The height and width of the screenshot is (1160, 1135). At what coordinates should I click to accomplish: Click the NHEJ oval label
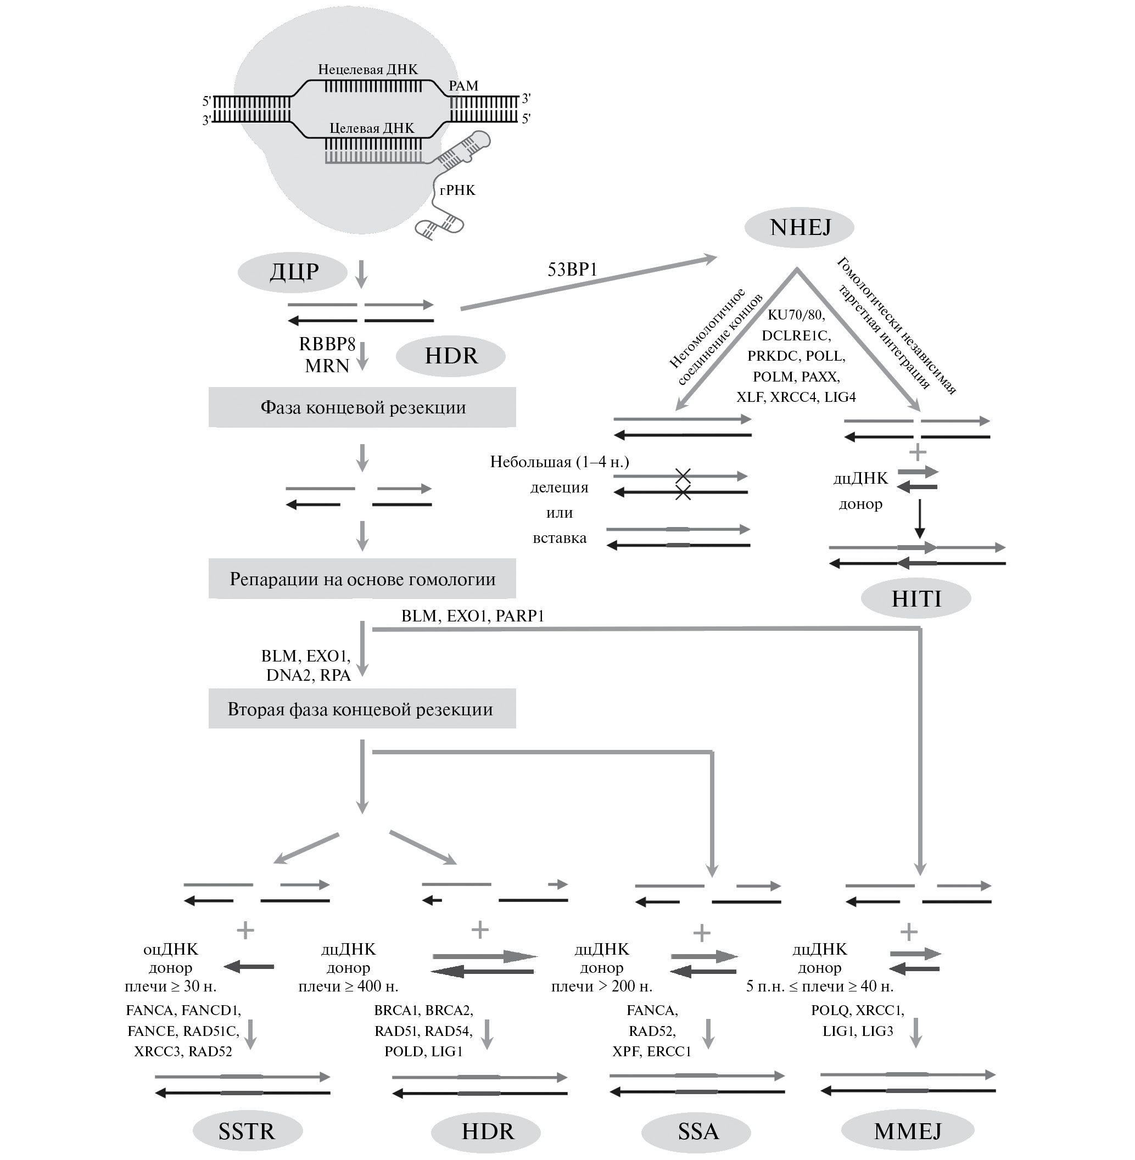[799, 227]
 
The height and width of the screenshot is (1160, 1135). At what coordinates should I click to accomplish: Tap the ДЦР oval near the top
[293, 272]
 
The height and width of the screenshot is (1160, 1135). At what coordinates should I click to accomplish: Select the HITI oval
[916, 598]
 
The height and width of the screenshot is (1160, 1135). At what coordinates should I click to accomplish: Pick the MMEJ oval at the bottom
[907, 1131]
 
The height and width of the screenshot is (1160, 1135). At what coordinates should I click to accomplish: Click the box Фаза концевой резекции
[362, 408]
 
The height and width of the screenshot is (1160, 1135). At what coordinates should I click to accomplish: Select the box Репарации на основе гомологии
[362, 579]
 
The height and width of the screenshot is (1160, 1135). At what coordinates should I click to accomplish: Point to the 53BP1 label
[572, 270]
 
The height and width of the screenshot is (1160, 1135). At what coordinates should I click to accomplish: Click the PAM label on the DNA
[463, 86]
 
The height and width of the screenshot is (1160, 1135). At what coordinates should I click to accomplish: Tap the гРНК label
[457, 190]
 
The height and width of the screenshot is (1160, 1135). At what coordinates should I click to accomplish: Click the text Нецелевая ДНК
[368, 70]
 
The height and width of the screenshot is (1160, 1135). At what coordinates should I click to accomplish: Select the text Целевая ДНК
[371, 128]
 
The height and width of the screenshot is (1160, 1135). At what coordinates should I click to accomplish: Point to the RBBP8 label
[327, 344]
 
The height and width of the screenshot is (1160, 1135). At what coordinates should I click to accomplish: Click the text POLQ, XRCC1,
[857, 1010]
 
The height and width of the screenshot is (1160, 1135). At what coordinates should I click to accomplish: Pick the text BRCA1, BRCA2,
[423, 1010]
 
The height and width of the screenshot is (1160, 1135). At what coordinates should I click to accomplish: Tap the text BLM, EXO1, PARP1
[473, 616]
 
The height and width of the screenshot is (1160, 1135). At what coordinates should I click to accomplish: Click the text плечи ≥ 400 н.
[348, 986]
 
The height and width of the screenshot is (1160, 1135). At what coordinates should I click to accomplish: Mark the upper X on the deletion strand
[683, 475]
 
